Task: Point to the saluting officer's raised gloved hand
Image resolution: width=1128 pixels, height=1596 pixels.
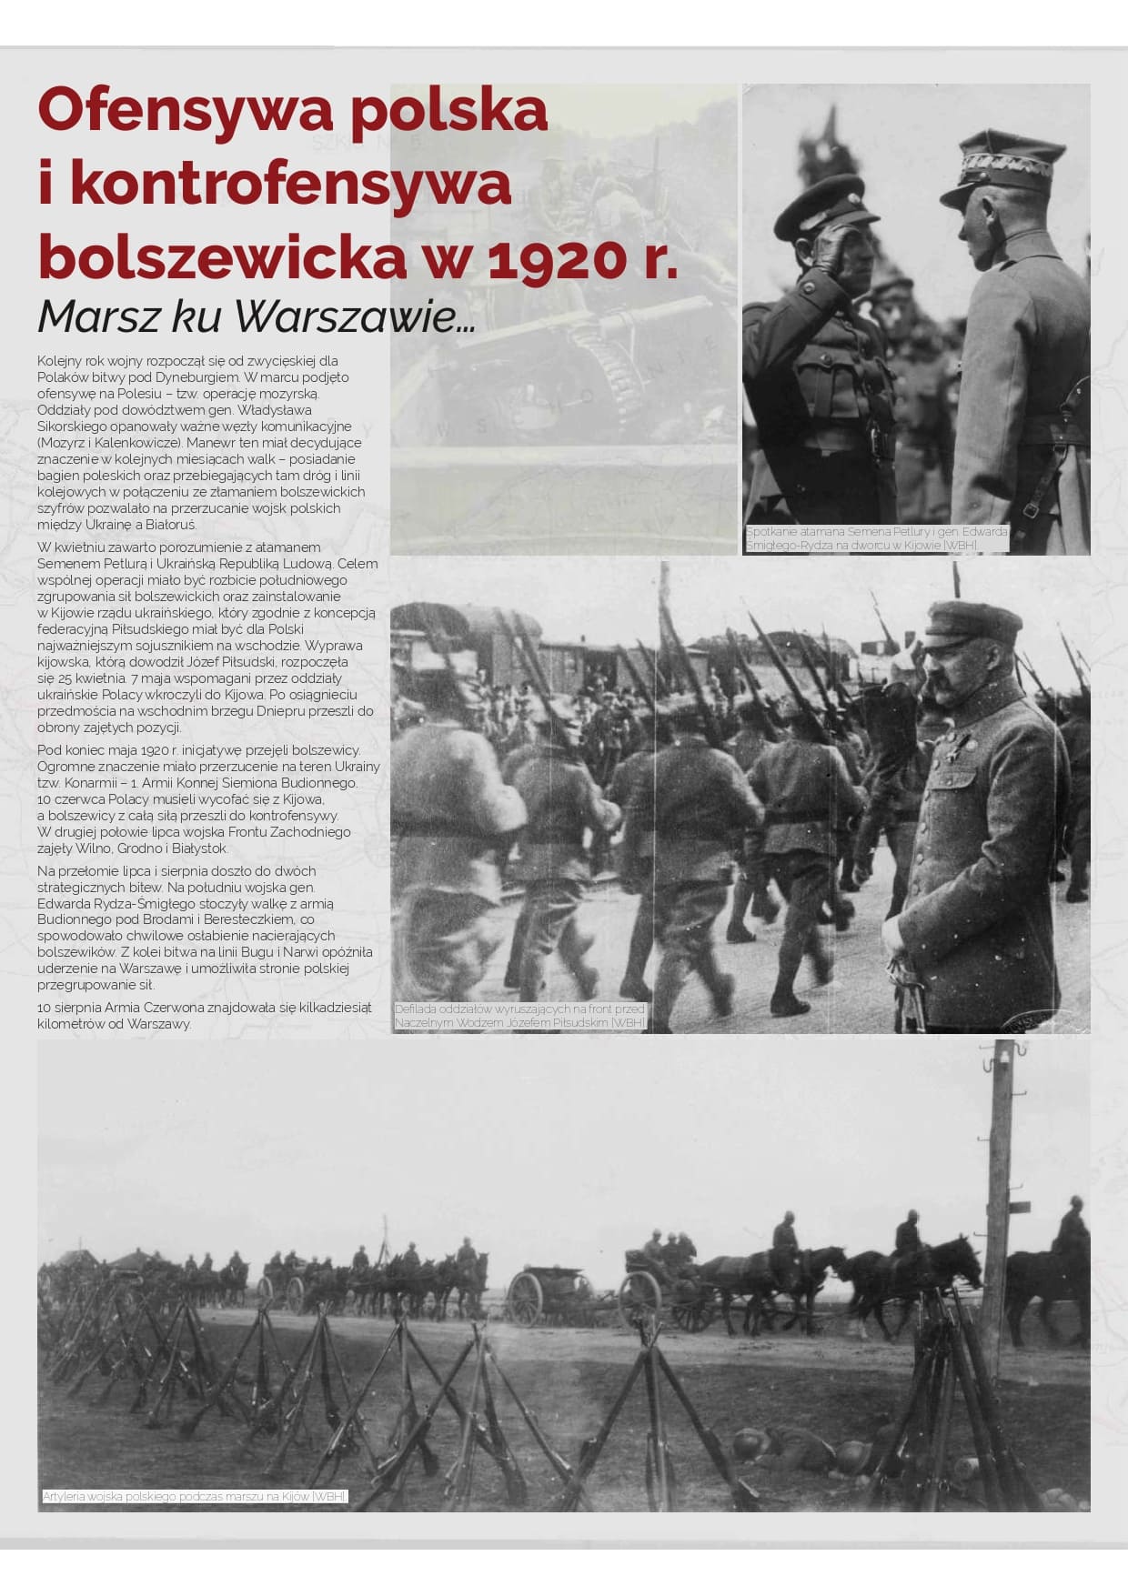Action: click(831, 246)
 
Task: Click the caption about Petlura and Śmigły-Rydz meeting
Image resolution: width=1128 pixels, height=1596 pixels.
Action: click(876, 537)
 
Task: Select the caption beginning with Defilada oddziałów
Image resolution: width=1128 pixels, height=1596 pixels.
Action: click(519, 1015)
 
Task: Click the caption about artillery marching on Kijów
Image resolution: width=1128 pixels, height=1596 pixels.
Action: click(195, 1496)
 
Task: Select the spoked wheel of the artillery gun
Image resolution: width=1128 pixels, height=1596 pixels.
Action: click(525, 1297)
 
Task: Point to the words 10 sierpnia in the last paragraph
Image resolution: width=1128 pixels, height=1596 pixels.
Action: click(69, 1008)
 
